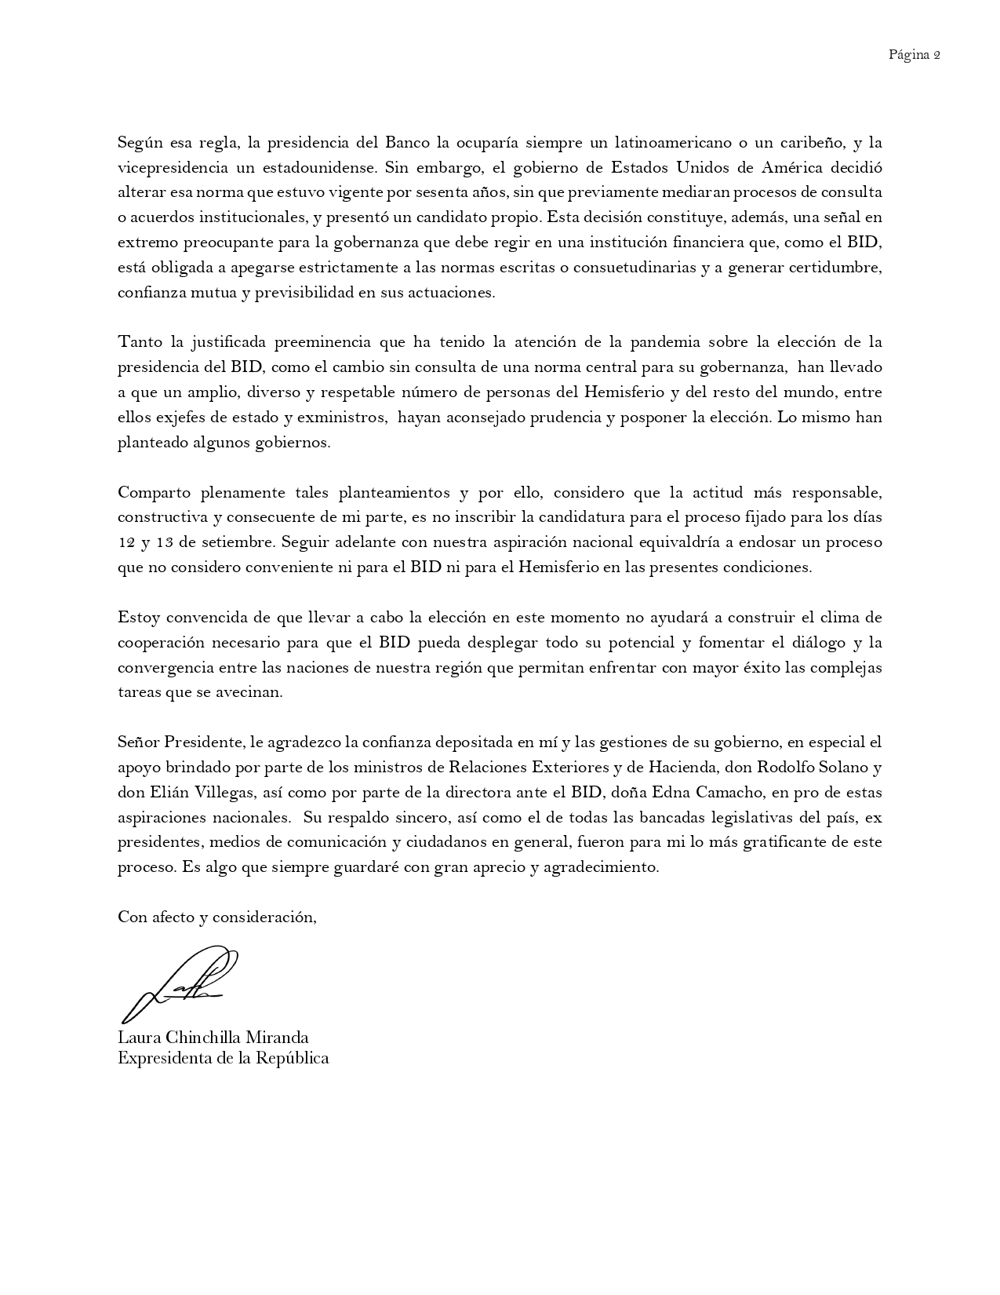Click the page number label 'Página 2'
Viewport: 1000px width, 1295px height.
[914, 55]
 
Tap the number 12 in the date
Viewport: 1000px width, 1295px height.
[126, 543]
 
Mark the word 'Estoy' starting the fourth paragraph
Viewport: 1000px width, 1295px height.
[139, 618]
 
